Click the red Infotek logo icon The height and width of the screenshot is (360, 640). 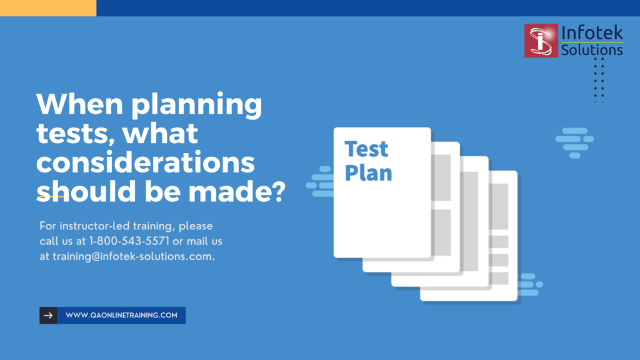click(541, 41)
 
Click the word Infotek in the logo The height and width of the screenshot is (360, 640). click(592, 33)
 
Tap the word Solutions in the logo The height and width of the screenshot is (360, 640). click(592, 50)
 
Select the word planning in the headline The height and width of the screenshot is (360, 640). click(196, 104)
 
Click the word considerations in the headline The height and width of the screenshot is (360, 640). click(145, 162)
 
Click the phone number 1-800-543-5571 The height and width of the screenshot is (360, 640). click(129, 241)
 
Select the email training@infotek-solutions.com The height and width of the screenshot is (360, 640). click(134, 256)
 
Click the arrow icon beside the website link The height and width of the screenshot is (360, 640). click(48, 316)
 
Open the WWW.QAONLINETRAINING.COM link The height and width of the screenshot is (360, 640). click(121, 316)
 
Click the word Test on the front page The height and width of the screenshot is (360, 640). click(366, 149)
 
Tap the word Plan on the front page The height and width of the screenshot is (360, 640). click(368, 173)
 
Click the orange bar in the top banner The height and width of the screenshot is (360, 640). click(48, 8)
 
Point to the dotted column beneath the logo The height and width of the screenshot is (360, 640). click(599, 80)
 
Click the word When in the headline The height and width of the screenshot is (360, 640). click(80, 104)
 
